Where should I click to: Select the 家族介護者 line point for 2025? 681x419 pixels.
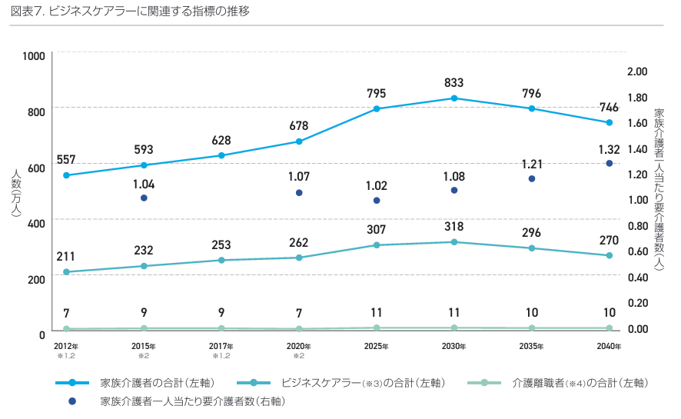[x=377, y=108]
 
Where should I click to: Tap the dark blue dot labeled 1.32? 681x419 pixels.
[x=610, y=163]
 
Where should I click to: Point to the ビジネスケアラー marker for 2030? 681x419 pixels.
[x=454, y=242]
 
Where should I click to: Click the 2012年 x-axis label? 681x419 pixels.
[x=66, y=347]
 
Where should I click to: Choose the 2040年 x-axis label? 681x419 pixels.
[x=609, y=347]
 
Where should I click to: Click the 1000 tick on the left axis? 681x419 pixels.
[x=34, y=55]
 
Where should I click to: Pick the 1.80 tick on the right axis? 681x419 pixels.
[x=638, y=98]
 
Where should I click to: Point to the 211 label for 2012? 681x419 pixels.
[x=66, y=256]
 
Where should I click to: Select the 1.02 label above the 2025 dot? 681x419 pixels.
[x=377, y=185]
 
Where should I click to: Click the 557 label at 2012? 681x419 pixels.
[x=66, y=160]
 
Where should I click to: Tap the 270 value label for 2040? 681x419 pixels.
[x=609, y=240]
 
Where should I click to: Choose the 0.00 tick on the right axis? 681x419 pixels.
[x=638, y=329]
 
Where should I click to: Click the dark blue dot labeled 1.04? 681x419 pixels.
[x=144, y=198]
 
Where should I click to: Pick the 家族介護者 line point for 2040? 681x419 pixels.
[x=610, y=122]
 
